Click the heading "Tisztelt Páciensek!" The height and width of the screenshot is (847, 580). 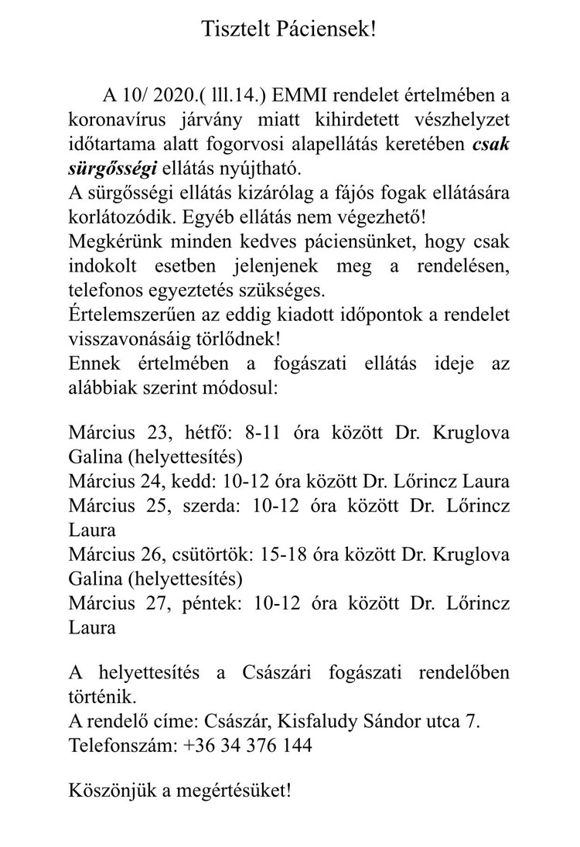click(289, 29)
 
